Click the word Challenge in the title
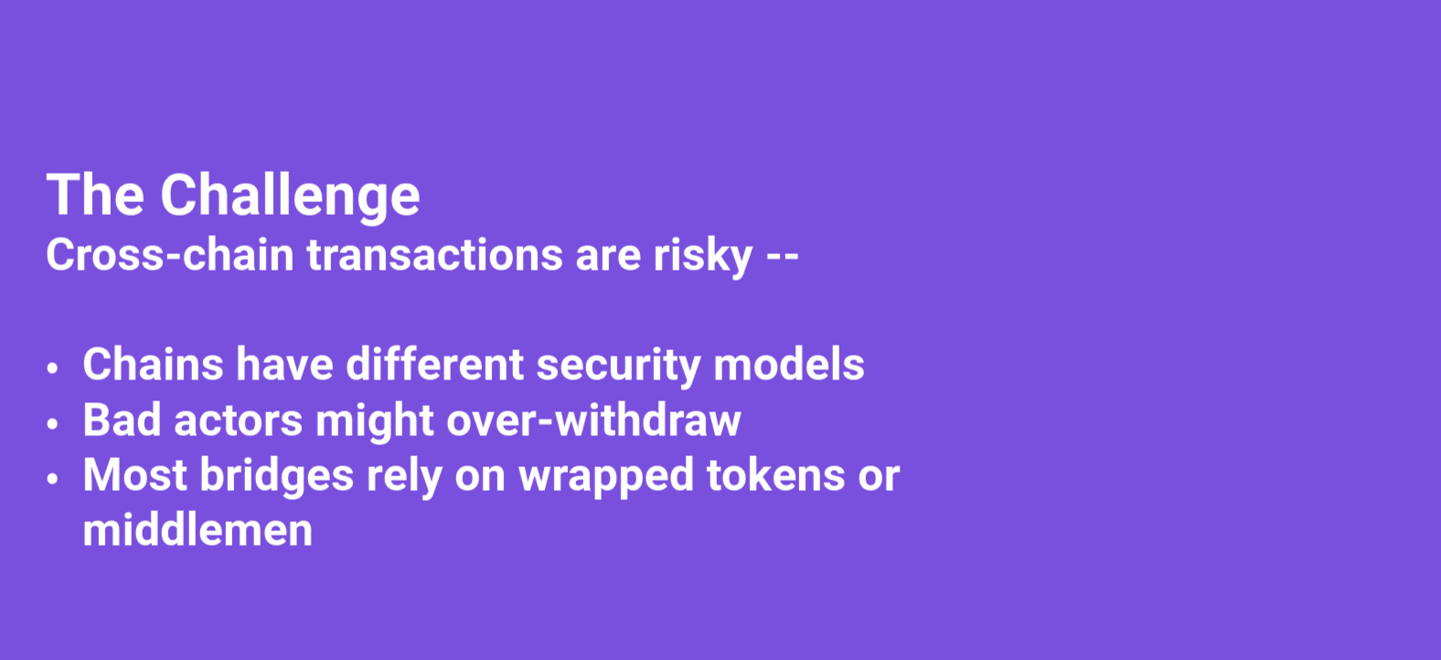tap(290, 197)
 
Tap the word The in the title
tap(95, 194)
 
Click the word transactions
tap(435, 255)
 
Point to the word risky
tap(702, 257)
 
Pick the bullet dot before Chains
tap(52, 368)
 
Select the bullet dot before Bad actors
tap(52, 423)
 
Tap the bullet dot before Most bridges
tap(52, 479)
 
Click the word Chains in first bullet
tap(153, 364)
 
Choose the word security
tap(618, 367)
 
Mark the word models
tap(789, 364)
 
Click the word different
tap(435, 364)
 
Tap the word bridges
tap(277, 477)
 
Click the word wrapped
tap(606, 477)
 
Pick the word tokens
tap(776, 474)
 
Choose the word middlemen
tap(197, 530)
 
